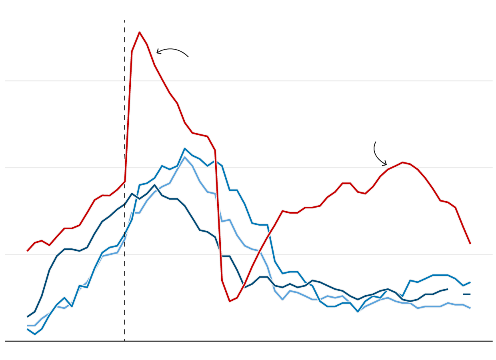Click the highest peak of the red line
click(x=139, y=32)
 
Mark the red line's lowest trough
click(x=230, y=301)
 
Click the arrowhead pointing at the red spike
click(x=157, y=52)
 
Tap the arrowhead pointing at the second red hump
click(x=386, y=164)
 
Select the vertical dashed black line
click(x=124, y=120)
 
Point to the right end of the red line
click(x=470, y=244)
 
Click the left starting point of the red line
click(x=27, y=251)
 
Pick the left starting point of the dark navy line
click(x=27, y=317)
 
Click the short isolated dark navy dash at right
click(x=466, y=294)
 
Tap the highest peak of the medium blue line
click(x=184, y=148)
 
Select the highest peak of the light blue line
click(x=184, y=157)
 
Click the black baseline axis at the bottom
click(x=248, y=341)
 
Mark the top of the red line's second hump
click(x=402, y=162)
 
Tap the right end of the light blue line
click(x=470, y=308)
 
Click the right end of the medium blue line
click(x=470, y=282)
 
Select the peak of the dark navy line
click(x=154, y=185)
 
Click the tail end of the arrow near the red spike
click(x=188, y=57)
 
